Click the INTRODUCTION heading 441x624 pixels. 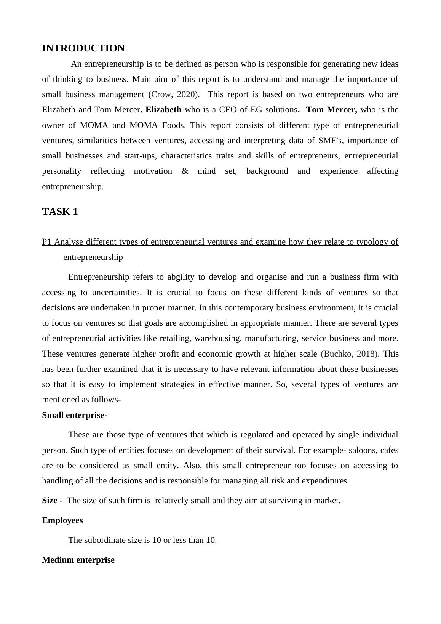[x=83, y=48]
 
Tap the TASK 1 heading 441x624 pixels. [x=60, y=212]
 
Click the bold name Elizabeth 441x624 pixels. [x=163, y=110]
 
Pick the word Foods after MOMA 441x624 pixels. [x=174, y=125]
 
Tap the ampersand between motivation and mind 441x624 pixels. [x=185, y=171]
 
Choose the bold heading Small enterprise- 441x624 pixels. [x=74, y=415]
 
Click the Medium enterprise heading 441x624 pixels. [x=78, y=560]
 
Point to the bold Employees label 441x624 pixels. [x=62, y=520]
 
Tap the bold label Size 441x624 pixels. [x=50, y=501]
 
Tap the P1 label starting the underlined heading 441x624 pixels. [x=47, y=242]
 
